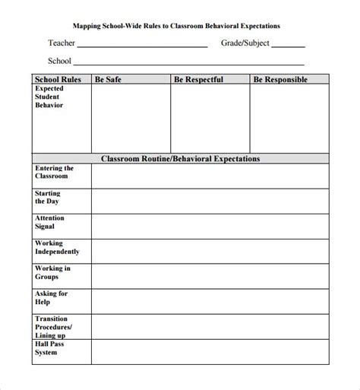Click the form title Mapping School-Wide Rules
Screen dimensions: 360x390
180,25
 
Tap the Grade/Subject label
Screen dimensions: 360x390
244,43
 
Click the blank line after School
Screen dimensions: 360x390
190,64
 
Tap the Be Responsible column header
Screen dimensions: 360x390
280,78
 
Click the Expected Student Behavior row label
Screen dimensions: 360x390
50,97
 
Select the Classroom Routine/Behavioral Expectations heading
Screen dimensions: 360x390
181,159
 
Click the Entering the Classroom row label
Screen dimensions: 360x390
54,172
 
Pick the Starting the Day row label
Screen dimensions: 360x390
49,198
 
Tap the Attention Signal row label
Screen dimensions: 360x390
50,223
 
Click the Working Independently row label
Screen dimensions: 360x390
56,248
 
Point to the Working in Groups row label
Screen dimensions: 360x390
52,272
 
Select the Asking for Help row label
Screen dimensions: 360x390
51,297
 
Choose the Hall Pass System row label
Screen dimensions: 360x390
50,347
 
